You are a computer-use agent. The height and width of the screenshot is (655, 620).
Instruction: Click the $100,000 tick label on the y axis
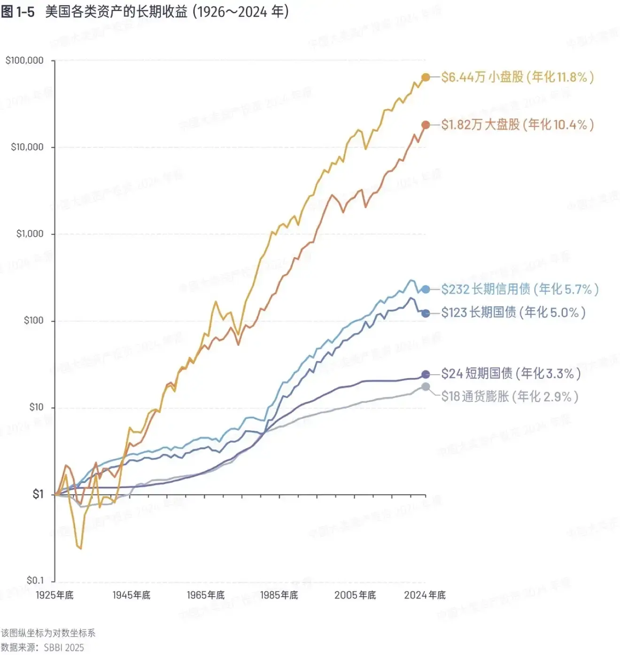coord(24,60)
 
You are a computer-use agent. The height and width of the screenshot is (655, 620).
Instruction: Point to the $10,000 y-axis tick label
coord(27,147)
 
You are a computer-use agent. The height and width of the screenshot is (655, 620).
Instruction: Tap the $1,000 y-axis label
coord(30,234)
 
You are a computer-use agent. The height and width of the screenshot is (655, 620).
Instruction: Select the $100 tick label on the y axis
coord(33,321)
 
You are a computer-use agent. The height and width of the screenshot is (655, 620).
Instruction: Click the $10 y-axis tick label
coord(36,407)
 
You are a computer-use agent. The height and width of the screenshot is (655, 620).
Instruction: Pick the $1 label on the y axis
coord(38,494)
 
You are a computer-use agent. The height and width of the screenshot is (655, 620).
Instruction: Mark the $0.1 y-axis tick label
coord(35,580)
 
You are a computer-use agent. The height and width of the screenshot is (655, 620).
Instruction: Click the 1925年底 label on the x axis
coord(54,595)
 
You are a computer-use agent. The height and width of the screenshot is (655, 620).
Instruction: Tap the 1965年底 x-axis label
coord(206,595)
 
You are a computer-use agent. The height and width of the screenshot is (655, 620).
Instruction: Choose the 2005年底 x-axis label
coord(355,595)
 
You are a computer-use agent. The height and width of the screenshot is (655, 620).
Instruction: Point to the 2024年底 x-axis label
coord(425,595)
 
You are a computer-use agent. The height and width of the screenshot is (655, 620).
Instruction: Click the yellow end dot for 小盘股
coord(426,77)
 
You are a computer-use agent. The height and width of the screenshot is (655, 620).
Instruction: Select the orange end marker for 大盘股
coord(426,125)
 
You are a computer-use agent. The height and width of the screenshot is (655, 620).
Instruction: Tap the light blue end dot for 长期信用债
coord(426,289)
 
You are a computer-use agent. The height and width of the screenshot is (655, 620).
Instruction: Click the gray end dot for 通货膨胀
coord(426,387)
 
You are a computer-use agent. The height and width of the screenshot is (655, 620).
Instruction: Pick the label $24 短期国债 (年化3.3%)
coord(511,374)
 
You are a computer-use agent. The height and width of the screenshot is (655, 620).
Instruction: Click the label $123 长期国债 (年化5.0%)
coord(513,313)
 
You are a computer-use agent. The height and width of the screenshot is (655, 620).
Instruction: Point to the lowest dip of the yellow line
coord(80,548)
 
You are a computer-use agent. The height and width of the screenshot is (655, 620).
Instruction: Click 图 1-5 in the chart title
coord(18,12)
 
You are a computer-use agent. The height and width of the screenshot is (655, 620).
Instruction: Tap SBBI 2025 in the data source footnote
coord(64,647)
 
